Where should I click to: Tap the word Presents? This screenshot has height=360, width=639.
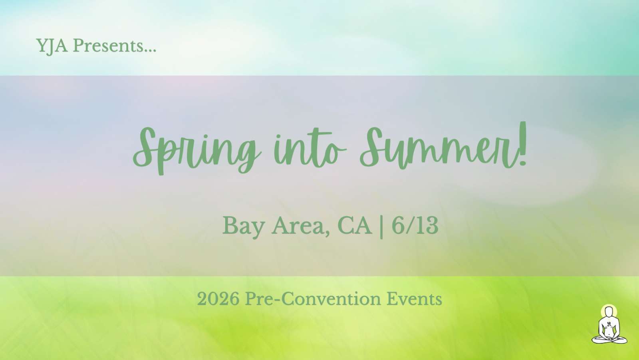pyautogui.click(x=108, y=46)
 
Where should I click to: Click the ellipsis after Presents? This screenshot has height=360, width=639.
pyautogui.click(x=150, y=51)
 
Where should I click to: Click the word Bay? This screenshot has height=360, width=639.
pyautogui.click(x=243, y=227)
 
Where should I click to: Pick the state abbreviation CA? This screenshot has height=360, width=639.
pyautogui.click(x=355, y=225)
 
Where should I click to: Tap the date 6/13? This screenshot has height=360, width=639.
pyautogui.click(x=415, y=225)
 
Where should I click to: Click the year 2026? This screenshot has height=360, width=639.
pyautogui.click(x=218, y=299)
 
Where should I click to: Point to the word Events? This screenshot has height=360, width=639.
pyautogui.click(x=415, y=299)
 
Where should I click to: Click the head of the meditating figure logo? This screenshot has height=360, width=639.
pyautogui.click(x=609, y=312)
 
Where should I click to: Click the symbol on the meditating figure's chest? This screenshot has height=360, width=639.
pyautogui.click(x=609, y=324)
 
